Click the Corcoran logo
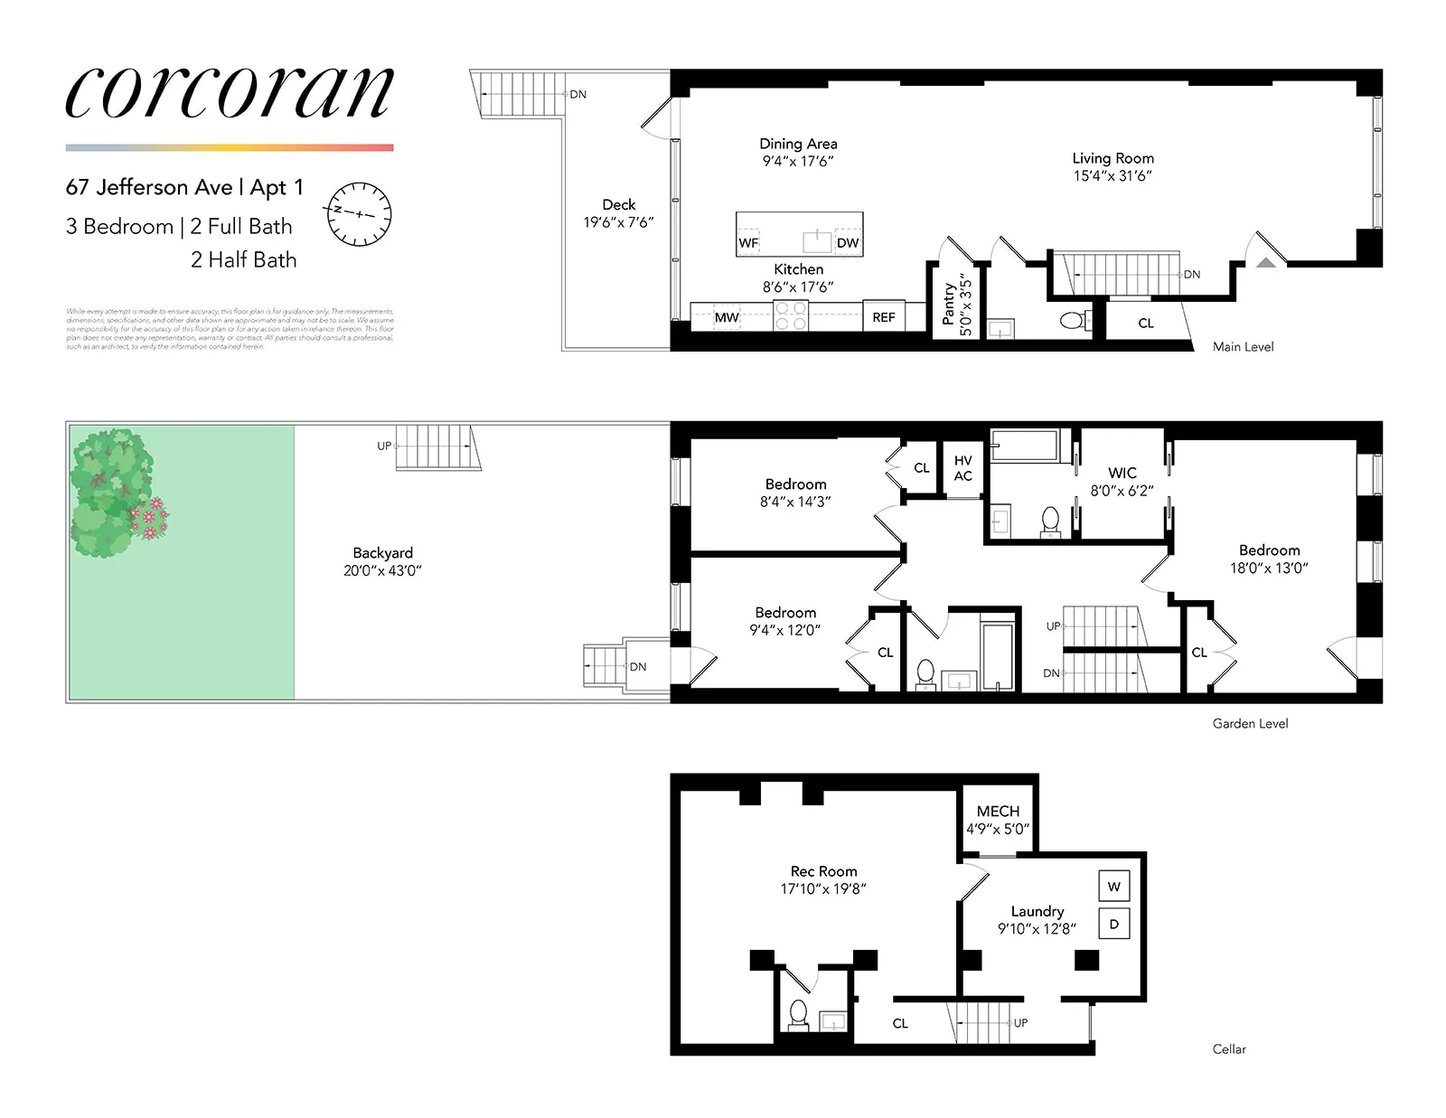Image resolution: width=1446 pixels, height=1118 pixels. tap(230, 92)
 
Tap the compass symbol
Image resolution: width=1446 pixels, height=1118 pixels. tap(359, 214)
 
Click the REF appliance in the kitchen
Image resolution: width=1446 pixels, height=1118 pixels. tap(884, 317)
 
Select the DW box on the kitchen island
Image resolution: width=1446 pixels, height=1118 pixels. tap(848, 242)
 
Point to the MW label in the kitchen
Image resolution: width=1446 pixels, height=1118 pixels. tap(727, 317)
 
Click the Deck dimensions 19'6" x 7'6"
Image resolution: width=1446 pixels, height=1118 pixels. tap(618, 222)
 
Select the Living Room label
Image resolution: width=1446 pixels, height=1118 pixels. tap(1113, 158)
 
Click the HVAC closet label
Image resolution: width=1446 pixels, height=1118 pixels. tap(963, 468)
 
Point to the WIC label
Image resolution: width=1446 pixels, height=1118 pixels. tap(1122, 473)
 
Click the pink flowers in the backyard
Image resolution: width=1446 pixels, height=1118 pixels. tap(150, 517)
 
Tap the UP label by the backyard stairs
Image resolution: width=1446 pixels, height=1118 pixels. tap(384, 446)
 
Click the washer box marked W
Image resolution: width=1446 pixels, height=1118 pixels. tap(1113, 887)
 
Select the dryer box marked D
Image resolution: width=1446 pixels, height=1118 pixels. tap(1113, 924)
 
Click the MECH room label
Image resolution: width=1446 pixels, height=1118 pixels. tap(998, 812)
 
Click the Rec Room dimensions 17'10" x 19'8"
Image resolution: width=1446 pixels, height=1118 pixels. tap(823, 889)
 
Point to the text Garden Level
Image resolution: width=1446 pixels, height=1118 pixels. tap(1250, 723)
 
